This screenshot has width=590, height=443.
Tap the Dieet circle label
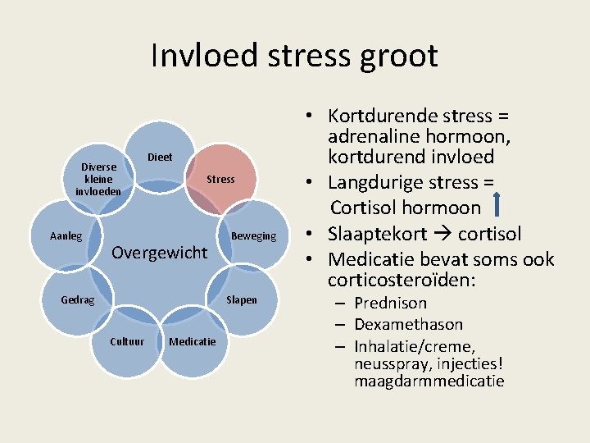click(160, 157)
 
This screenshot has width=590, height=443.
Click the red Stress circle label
click(220, 179)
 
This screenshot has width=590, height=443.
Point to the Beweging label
click(254, 236)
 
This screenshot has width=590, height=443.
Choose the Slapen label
click(241, 299)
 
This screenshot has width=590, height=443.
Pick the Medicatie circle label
click(193, 341)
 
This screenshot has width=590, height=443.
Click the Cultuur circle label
click(127, 341)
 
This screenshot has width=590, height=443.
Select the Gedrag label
click(78, 299)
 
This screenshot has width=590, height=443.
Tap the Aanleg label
click(66, 236)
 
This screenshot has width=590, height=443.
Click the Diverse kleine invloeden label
click(98, 179)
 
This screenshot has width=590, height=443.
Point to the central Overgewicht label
click(159, 252)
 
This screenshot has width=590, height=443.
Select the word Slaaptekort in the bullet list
click(378, 234)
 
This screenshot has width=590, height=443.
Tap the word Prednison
click(390, 303)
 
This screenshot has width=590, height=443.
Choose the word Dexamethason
click(408, 324)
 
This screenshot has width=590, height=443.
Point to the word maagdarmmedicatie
click(429, 381)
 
